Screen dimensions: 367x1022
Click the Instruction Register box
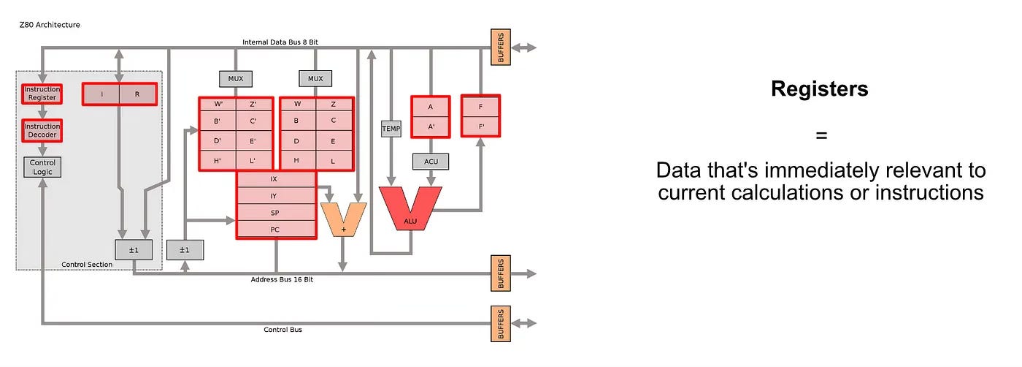(42, 94)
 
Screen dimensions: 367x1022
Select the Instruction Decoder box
(42, 130)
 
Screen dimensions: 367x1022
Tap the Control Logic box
(42, 167)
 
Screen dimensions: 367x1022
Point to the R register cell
(137, 94)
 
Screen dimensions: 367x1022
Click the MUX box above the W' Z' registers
(235, 78)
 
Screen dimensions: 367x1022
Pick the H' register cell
(217, 160)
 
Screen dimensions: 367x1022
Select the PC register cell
(276, 230)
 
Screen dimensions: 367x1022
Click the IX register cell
(276, 178)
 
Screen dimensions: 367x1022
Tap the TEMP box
(391, 129)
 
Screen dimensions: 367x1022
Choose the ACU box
(430, 160)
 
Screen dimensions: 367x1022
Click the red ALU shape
(410, 209)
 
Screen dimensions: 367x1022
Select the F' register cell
(480, 126)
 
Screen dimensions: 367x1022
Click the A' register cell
(430, 126)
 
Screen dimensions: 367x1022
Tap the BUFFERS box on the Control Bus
(501, 322)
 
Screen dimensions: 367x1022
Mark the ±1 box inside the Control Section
(133, 249)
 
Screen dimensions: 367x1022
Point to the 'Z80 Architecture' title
(50, 25)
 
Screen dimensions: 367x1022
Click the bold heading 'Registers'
(819, 89)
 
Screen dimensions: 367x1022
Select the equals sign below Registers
(821, 135)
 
